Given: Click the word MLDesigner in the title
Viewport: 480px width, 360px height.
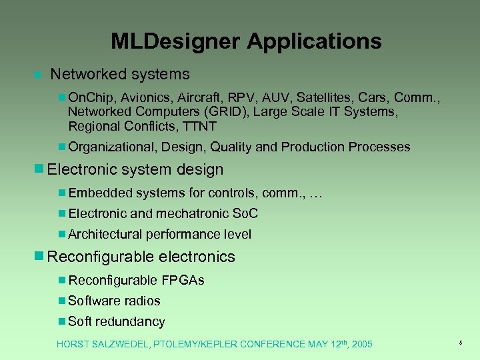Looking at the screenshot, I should tap(175, 41).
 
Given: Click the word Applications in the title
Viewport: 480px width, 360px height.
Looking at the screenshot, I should tap(315, 41).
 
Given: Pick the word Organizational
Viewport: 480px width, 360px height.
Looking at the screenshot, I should tap(110, 147).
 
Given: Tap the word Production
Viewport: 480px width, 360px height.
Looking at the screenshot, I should tap(317, 147).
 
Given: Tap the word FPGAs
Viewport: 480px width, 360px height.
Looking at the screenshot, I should tap(183, 280).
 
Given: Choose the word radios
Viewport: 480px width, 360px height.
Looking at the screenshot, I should tap(140, 301).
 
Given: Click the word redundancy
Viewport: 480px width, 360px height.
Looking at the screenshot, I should tap(129, 321).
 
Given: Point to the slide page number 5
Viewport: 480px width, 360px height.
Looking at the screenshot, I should tap(460, 342).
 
